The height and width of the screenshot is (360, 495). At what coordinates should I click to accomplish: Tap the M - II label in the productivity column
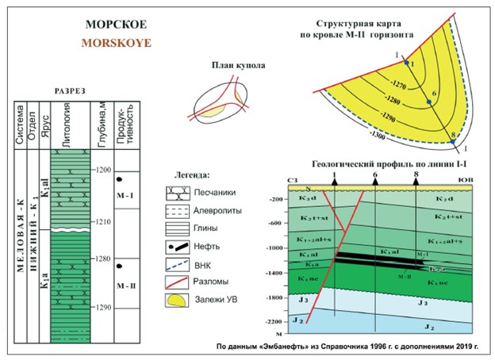[125, 285]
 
